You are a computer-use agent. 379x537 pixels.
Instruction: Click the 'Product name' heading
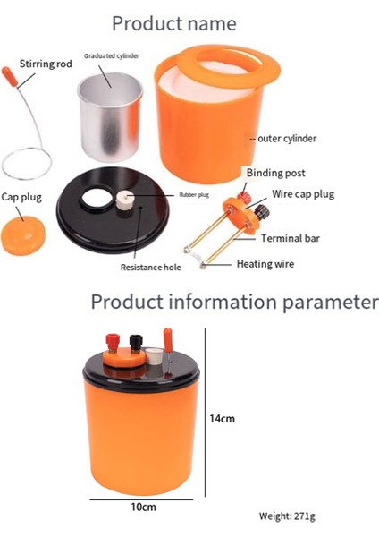click(187, 22)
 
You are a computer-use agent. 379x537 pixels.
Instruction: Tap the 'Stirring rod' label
click(46, 64)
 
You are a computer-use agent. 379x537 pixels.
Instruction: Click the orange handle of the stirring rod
click(9, 72)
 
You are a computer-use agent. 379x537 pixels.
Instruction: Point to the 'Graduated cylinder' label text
click(112, 56)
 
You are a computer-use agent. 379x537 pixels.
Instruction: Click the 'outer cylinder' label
click(287, 139)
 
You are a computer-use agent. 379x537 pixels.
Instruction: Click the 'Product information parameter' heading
click(234, 302)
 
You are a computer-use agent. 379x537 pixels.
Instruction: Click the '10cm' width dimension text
click(143, 507)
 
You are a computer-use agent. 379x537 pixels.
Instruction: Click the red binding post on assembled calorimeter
click(114, 341)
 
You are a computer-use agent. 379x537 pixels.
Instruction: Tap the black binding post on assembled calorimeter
click(136, 343)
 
